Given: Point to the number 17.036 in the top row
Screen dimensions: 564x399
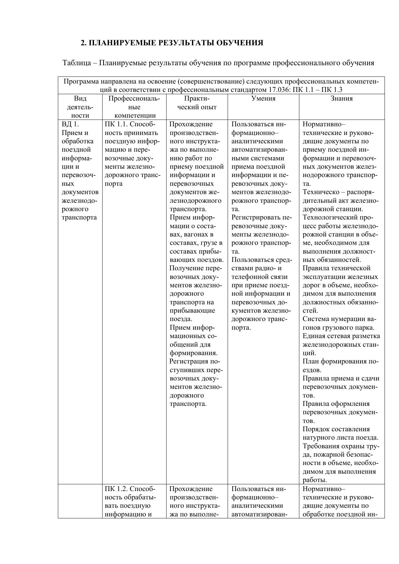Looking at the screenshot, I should pyautogui.click(x=278, y=90).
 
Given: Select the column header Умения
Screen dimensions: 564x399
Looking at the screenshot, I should pyautogui.click(x=263, y=99).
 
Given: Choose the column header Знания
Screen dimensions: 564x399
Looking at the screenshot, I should pyautogui.click(x=341, y=99).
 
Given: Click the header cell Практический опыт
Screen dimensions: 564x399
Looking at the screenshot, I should pyautogui.click(x=197, y=103).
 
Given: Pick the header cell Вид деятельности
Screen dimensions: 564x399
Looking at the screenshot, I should pyautogui.click(x=80, y=107).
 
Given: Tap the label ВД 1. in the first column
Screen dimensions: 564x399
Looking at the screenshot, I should pyautogui.click(x=70, y=124).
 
